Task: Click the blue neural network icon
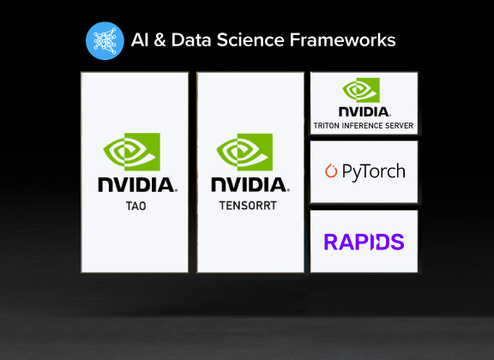coord(105,40)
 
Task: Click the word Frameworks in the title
coord(342,40)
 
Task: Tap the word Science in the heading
coord(250,40)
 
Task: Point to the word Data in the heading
coord(191,40)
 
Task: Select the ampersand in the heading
coord(160,40)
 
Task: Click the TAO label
coord(136,207)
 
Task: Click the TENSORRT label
coord(248,206)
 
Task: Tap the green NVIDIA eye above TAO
coord(132,152)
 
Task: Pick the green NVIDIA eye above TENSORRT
coord(244,152)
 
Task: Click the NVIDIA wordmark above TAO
coord(138,185)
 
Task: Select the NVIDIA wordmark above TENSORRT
coord(250,184)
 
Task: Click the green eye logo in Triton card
coord(361,90)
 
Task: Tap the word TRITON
coord(327,126)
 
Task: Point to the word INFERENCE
coord(363,126)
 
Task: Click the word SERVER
coord(400,126)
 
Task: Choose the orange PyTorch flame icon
coord(331,171)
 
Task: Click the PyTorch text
coord(374,171)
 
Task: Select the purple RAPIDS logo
coord(364,242)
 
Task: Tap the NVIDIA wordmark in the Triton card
coord(364,111)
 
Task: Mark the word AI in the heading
coord(140,40)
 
